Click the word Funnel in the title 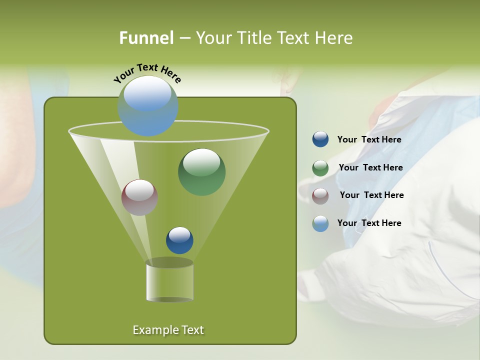click(x=146, y=38)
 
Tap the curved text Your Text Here click(x=147, y=72)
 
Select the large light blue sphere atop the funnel click(x=148, y=106)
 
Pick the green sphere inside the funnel click(x=201, y=172)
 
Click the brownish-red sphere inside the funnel click(x=140, y=197)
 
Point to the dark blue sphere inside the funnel click(x=179, y=240)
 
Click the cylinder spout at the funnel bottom click(x=169, y=281)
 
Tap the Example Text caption click(x=168, y=330)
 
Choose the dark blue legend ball click(x=320, y=139)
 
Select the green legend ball click(x=320, y=168)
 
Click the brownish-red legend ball click(x=320, y=195)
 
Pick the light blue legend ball click(x=320, y=223)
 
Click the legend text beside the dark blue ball click(x=369, y=140)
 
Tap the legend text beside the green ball click(x=370, y=168)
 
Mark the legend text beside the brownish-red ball click(x=371, y=195)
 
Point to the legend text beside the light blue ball click(x=369, y=223)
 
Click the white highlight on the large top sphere click(x=147, y=92)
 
